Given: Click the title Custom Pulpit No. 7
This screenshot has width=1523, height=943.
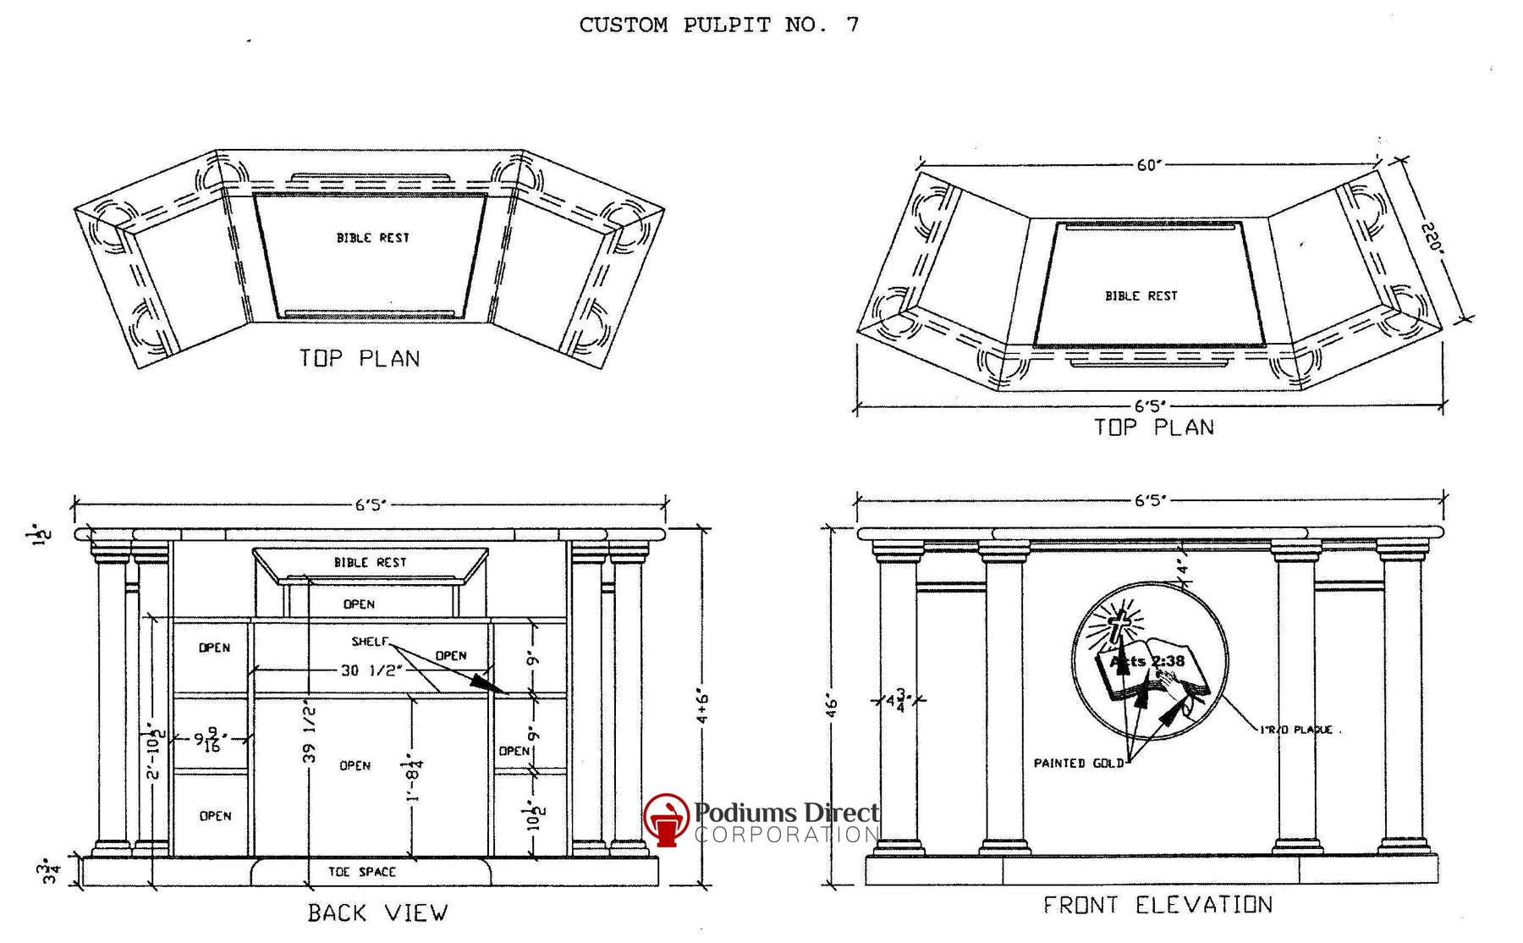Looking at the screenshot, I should click(x=718, y=25).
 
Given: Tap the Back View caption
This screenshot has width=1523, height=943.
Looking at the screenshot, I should click(x=377, y=913).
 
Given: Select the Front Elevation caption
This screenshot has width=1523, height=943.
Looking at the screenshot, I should click(x=1157, y=905).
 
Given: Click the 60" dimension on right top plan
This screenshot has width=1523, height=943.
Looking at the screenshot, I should click(x=1148, y=165).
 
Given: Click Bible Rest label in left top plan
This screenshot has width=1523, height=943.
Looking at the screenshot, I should click(x=372, y=238).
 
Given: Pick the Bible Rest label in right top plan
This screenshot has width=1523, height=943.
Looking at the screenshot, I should click(x=1141, y=295).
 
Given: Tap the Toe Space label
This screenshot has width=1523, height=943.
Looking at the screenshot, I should click(x=362, y=871).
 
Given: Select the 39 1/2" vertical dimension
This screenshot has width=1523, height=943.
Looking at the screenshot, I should click(x=310, y=732).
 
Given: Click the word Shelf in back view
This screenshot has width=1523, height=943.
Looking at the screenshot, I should click(x=369, y=642).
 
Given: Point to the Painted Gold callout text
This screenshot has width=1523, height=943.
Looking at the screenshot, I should click(x=1078, y=763).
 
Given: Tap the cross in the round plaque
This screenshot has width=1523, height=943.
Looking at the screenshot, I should click(x=1119, y=626).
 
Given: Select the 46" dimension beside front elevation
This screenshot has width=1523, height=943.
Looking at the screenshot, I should click(x=832, y=705).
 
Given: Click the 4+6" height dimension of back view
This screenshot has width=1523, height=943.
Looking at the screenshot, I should click(x=703, y=707).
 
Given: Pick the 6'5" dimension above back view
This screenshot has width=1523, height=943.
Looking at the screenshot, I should click(x=370, y=505).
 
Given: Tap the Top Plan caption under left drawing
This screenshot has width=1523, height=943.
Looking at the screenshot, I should click(x=360, y=358).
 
